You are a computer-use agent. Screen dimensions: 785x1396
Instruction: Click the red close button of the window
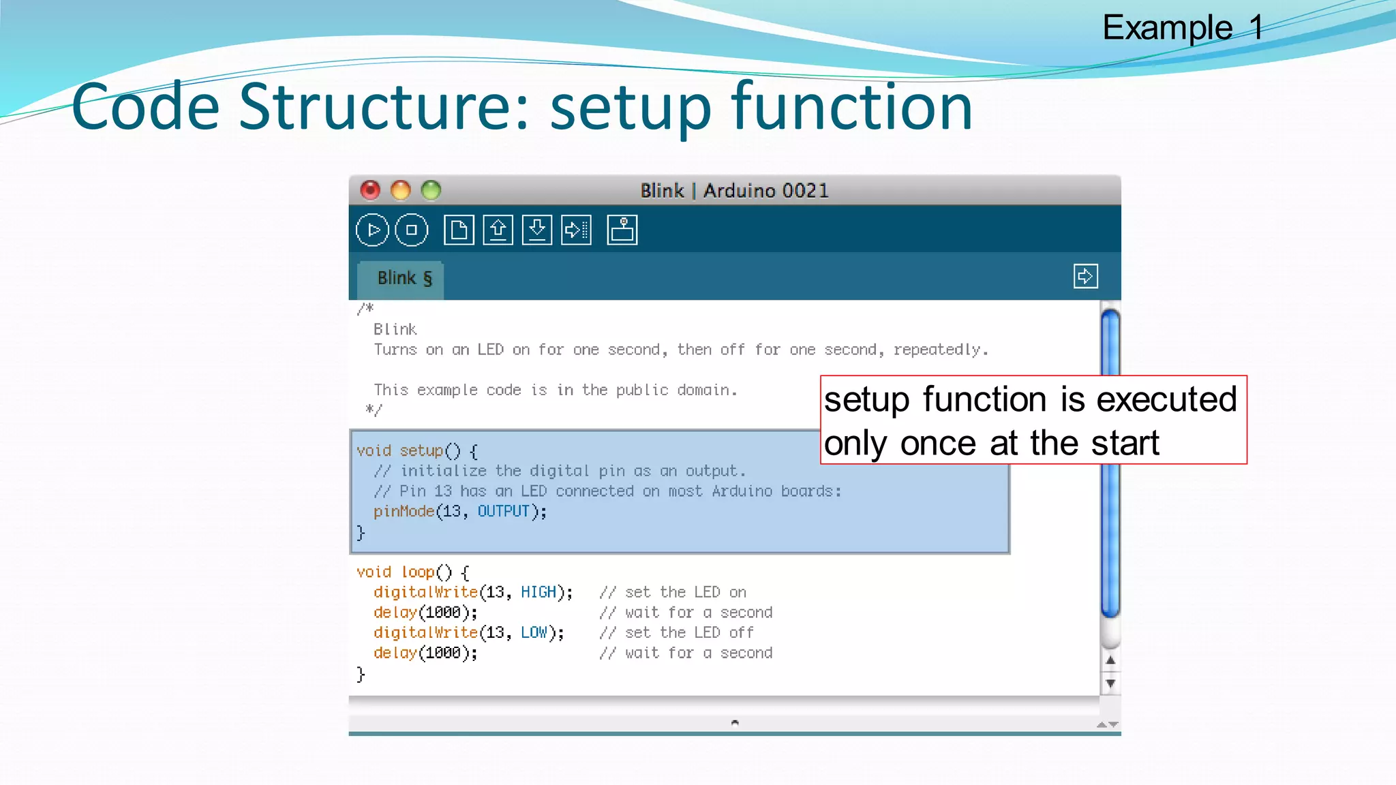tap(370, 190)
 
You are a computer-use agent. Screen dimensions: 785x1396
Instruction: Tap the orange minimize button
tap(401, 190)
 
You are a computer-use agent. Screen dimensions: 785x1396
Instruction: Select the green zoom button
tap(431, 190)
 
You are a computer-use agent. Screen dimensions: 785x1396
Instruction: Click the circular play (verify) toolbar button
tap(372, 230)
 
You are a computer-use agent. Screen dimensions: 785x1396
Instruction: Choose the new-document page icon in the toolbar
tap(459, 230)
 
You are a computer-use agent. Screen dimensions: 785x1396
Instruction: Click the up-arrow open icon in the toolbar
tap(498, 230)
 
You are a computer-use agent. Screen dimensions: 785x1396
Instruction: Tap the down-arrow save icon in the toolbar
tap(537, 230)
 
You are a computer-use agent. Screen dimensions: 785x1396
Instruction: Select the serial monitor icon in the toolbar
tap(622, 230)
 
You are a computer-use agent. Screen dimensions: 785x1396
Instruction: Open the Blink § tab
tap(404, 279)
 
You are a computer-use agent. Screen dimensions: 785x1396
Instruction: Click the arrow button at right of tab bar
tap(1085, 276)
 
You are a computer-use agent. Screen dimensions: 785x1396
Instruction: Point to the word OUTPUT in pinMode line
tap(503, 511)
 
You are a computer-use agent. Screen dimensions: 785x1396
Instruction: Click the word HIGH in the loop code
tap(538, 592)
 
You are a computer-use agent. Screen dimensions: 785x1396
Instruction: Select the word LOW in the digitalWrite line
tap(534, 632)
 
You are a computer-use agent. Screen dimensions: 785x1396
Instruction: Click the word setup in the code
tap(421, 450)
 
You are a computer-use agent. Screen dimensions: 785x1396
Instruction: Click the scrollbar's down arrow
tap(1110, 683)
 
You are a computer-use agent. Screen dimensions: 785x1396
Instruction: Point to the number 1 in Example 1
tap(1256, 28)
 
